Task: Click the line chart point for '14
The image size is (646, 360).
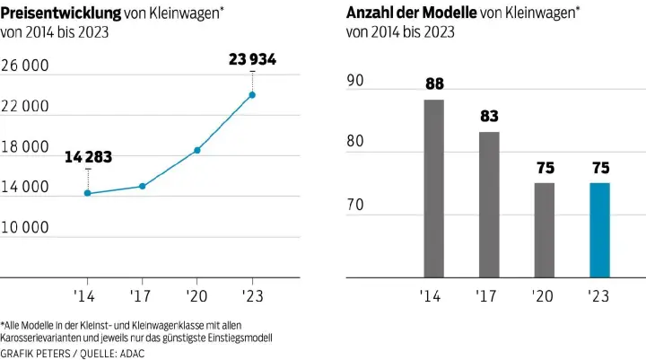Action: pos(87,193)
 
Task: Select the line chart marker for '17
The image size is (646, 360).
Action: pos(142,186)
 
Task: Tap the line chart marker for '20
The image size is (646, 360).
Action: pos(197,150)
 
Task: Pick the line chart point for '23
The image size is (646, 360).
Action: pos(253,94)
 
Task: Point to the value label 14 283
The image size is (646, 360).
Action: pos(88,158)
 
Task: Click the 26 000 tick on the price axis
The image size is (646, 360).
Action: pos(24,66)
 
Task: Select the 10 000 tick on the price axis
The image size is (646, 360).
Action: pos(24,228)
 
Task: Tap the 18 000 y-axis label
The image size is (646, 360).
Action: pos(24,147)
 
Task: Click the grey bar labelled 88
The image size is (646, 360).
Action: pos(433,189)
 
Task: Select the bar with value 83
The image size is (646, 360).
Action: pos(488,205)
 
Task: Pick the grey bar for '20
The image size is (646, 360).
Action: pos(545,230)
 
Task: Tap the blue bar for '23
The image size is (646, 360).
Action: pos(599,230)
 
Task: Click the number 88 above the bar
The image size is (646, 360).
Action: pos(433,84)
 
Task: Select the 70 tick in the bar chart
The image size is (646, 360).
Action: pos(355,206)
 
